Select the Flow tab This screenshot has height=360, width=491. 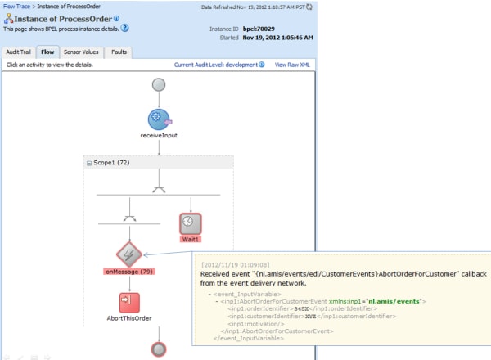pos(47,52)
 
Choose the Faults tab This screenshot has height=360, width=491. pos(118,52)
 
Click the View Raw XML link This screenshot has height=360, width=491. pos(292,64)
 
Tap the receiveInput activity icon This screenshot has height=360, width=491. pos(158,119)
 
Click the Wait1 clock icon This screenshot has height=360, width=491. pos(190,223)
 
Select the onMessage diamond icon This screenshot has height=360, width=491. pos(128,253)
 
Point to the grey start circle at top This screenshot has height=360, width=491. pos(158,84)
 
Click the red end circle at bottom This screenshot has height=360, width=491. pos(158,349)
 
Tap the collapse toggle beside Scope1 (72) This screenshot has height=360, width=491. pos(88,164)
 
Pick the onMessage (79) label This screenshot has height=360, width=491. pos(129,271)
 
